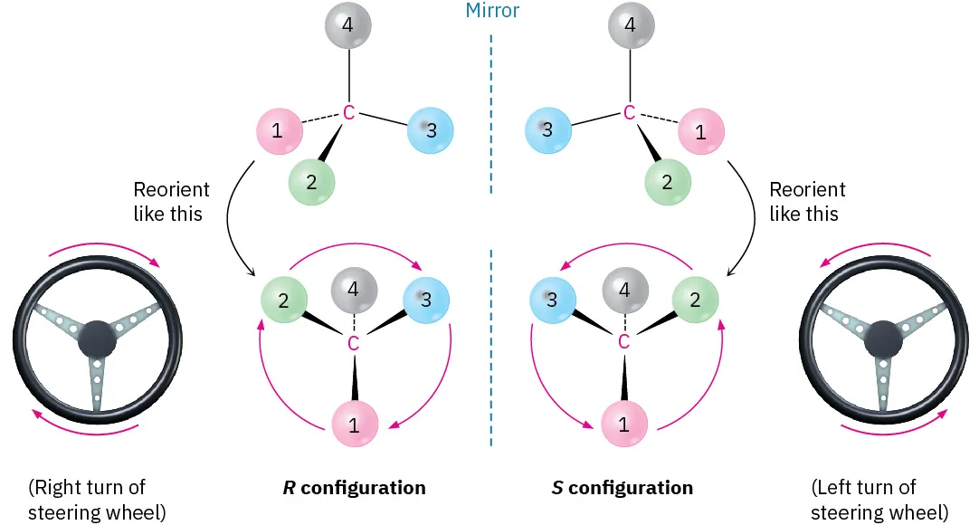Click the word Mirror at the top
(492, 11)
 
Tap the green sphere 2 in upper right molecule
(667, 182)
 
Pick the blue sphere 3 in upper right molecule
(547, 130)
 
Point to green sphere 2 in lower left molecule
(283, 301)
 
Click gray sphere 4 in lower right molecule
(623, 291)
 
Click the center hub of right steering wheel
(882, 341)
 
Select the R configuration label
(354, 488)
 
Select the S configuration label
(623, 488)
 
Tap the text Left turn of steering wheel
(879, 501)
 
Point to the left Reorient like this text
(171, 202)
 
